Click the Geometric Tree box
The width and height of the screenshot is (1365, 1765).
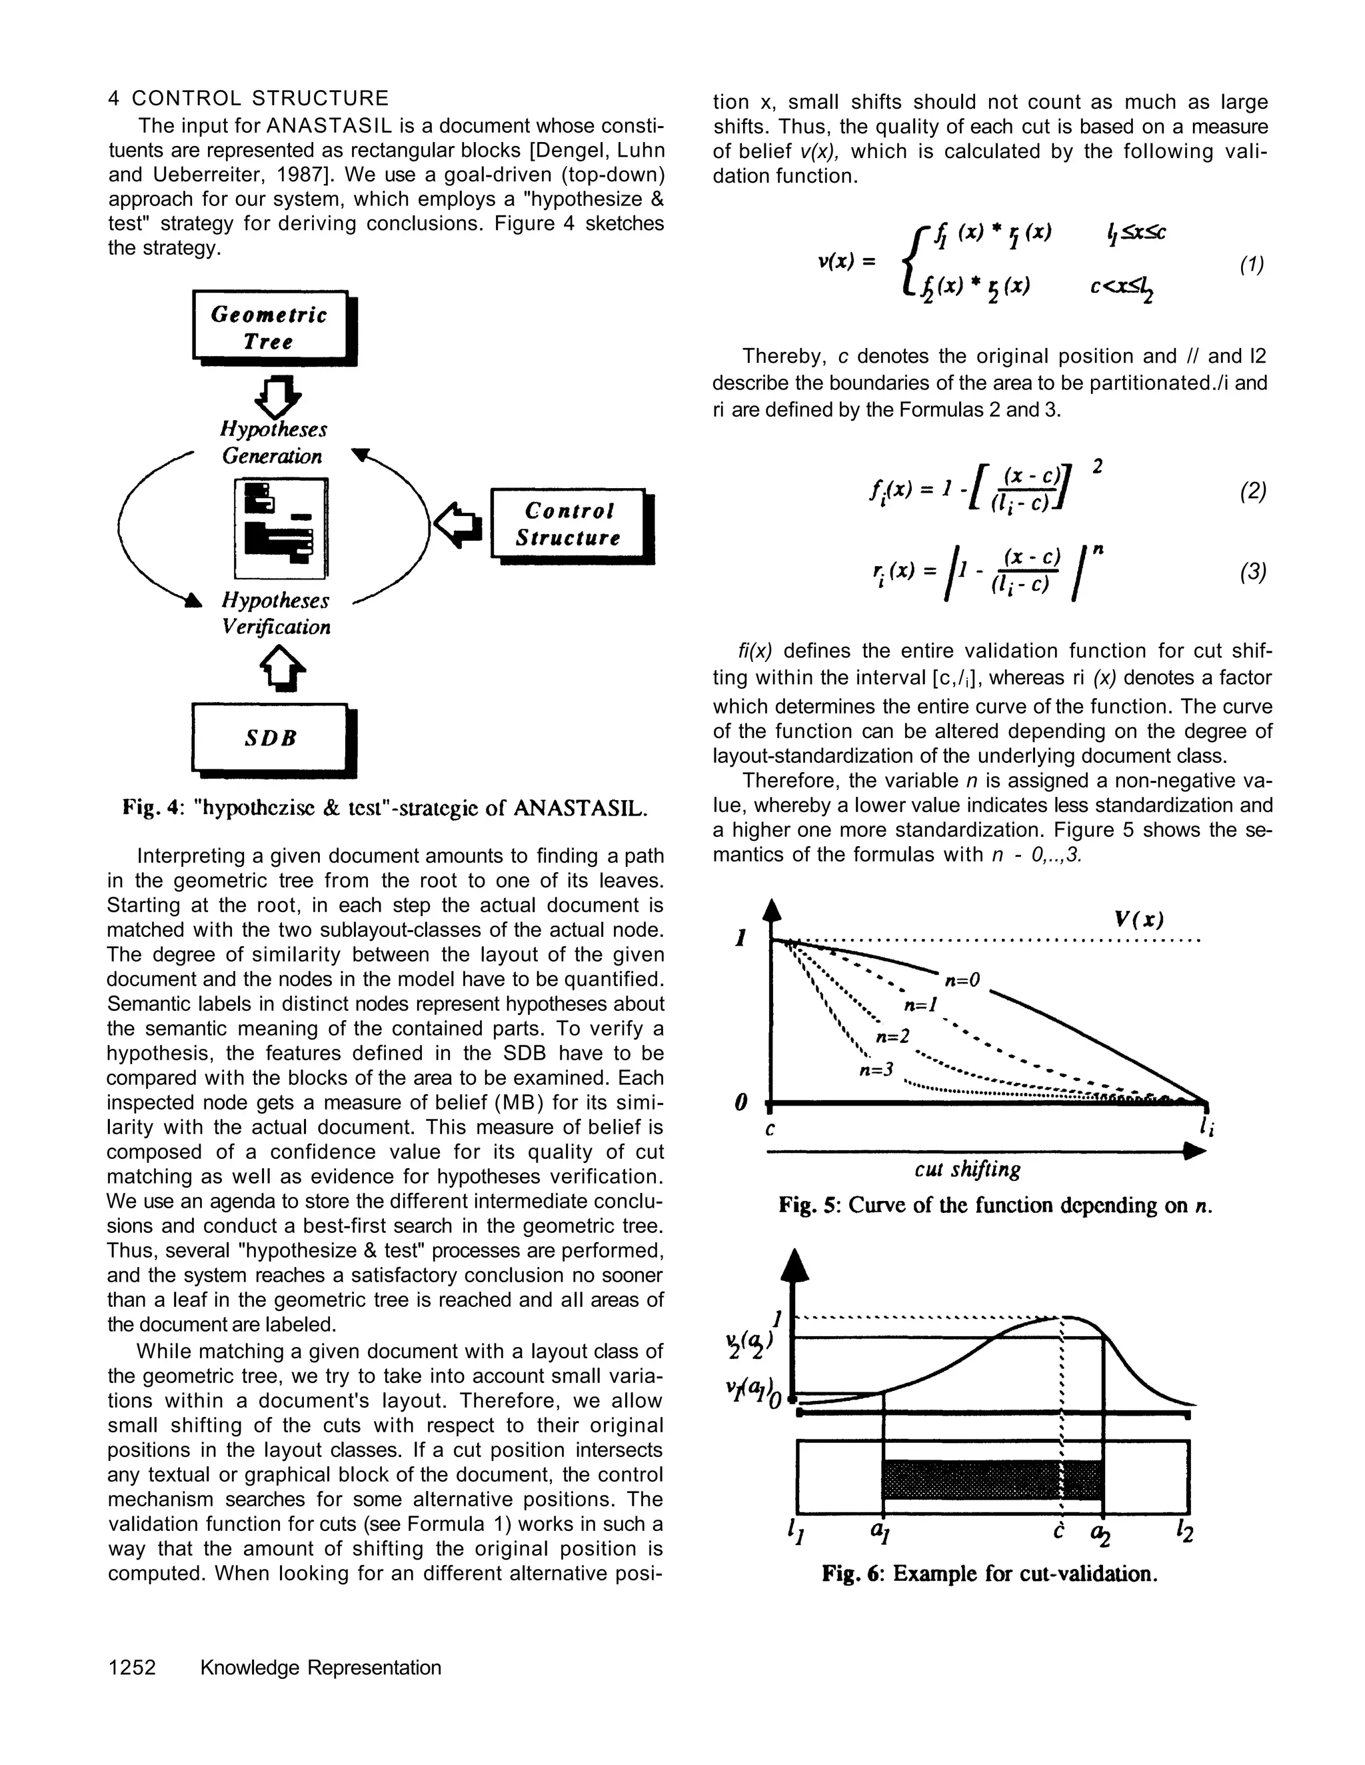[270, 327]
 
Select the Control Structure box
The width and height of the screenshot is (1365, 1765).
[569, 523]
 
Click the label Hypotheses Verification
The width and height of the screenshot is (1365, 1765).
[276, 613]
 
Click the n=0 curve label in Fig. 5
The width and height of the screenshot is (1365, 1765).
[961, 980]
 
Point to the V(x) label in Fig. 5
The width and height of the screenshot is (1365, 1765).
[1138, 919]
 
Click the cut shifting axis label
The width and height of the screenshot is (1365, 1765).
[967, 1170]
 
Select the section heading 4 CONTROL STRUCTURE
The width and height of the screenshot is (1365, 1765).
[248, 99]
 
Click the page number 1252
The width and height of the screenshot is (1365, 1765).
[132, 1667]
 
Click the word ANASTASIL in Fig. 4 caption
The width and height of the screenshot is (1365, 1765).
[580, 807]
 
